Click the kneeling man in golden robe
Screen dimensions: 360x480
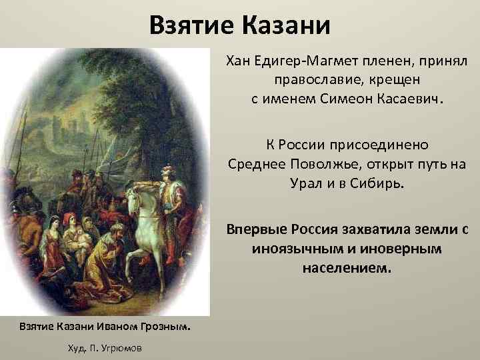coord(110,257)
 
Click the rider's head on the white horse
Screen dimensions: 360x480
coord(167,171)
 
